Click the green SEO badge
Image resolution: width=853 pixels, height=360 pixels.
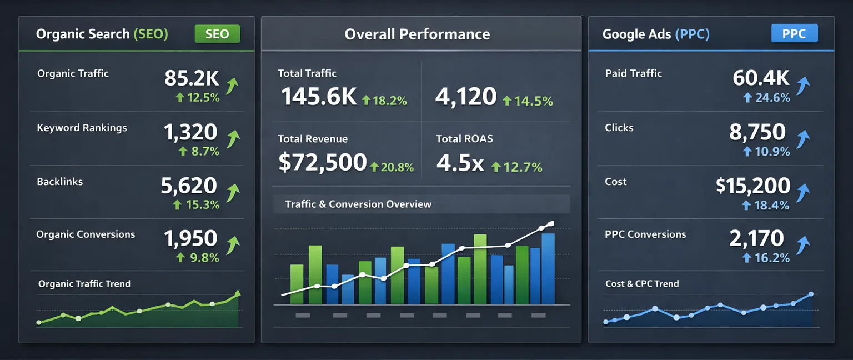217,34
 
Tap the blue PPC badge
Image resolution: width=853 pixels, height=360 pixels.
794,34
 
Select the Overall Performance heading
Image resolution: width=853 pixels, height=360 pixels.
417,34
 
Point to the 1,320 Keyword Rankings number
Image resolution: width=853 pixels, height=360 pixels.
190,132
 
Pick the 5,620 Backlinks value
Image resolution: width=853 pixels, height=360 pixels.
189,186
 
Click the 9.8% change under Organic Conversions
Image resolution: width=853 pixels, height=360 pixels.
198,257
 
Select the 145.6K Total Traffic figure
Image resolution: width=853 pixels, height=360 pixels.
319,97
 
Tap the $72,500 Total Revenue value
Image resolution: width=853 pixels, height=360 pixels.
322,162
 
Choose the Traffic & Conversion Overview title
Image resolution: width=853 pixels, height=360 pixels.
358,204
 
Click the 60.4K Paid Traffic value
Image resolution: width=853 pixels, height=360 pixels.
761,78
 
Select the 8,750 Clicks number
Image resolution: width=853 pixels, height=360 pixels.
757,132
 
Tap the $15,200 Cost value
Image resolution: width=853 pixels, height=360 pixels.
753,186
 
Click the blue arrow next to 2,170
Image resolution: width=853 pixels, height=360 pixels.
803,245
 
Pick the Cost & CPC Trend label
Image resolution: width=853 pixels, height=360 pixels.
642,284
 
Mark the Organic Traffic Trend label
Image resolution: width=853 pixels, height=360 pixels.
84,284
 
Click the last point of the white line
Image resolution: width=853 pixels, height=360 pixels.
550,224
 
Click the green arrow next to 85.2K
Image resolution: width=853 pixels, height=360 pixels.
232,86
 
